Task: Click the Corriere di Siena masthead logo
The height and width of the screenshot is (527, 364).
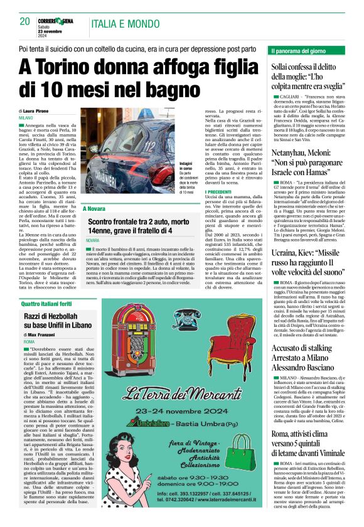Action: [x=60, y=20]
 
